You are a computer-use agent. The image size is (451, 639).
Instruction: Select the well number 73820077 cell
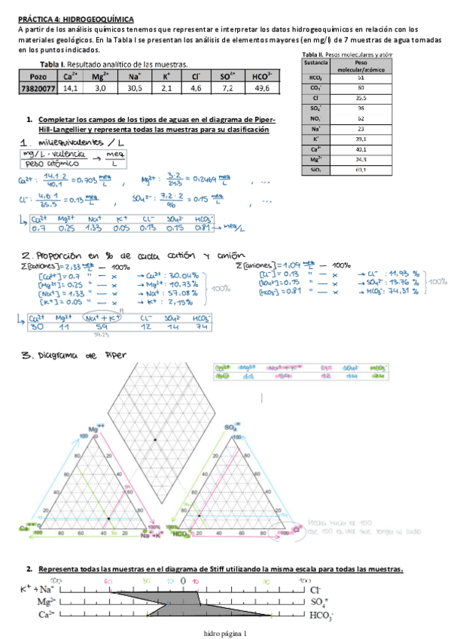click(37, 88)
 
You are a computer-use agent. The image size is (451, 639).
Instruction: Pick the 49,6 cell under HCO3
click(263, 88)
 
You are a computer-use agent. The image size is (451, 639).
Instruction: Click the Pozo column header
click(37, 76)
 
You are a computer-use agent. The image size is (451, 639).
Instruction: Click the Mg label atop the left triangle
click(95, 428)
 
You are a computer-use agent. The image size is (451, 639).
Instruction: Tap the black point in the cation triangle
click(108, 519)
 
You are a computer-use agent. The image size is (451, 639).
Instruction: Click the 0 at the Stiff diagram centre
click(182, 582)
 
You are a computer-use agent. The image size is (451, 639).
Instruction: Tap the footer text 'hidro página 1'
click(225, 633)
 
